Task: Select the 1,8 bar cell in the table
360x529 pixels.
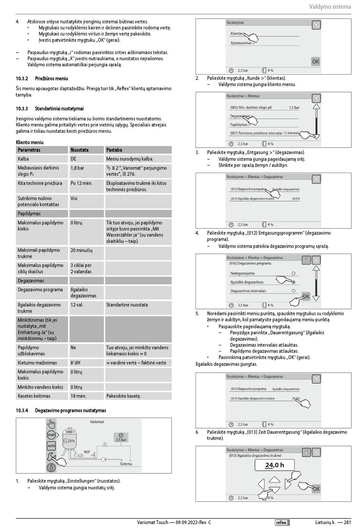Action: pos(77,168)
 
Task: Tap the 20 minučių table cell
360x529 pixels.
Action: pos(81,250)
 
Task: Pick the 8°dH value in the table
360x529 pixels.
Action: pos(75,363)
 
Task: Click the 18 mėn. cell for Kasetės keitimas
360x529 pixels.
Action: pos(78,396)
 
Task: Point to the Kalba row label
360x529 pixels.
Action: pos(23,159)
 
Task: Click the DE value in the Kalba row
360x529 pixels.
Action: pos(74,159)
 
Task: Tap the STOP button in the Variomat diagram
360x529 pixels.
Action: pos(51,435)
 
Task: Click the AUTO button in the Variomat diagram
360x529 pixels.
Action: pos(51,446)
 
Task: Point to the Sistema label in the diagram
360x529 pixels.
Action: pos(126,464)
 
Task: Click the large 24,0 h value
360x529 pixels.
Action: pos(274,465)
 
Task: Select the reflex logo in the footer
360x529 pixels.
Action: pos(282,523)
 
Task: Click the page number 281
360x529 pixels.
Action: pos(347,523)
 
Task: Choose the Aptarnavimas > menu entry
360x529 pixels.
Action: pos(243,43)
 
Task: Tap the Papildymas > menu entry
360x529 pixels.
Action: pos(240,125)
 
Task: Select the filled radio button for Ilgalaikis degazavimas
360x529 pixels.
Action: pos(293,282)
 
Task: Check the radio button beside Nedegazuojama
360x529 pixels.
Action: pos(293,273)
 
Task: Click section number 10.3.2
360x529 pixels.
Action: pos(22,79)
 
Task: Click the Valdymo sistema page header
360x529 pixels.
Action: pos(330,6)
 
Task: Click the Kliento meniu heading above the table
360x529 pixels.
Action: pos(30,142)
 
